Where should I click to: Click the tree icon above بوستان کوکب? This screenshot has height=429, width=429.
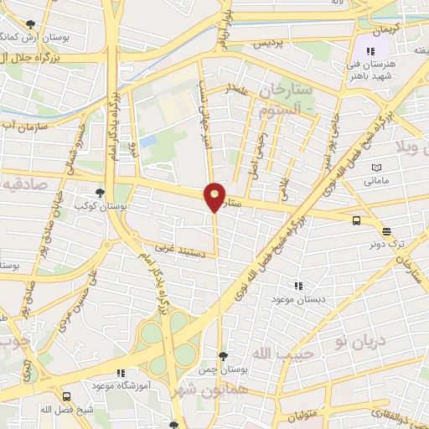click(101, 192)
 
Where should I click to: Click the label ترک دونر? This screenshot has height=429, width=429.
click(387, 244)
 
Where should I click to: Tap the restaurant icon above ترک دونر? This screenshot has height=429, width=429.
click(386, 231)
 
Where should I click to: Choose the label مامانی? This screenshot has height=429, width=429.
click(374, 180)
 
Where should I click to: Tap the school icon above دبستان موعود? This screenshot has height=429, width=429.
click(298, 285)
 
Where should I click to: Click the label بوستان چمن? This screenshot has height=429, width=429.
click(222, 370)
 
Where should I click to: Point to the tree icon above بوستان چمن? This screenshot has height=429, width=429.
click(222, 356)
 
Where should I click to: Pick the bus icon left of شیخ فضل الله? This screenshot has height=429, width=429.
click(67, 396)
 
